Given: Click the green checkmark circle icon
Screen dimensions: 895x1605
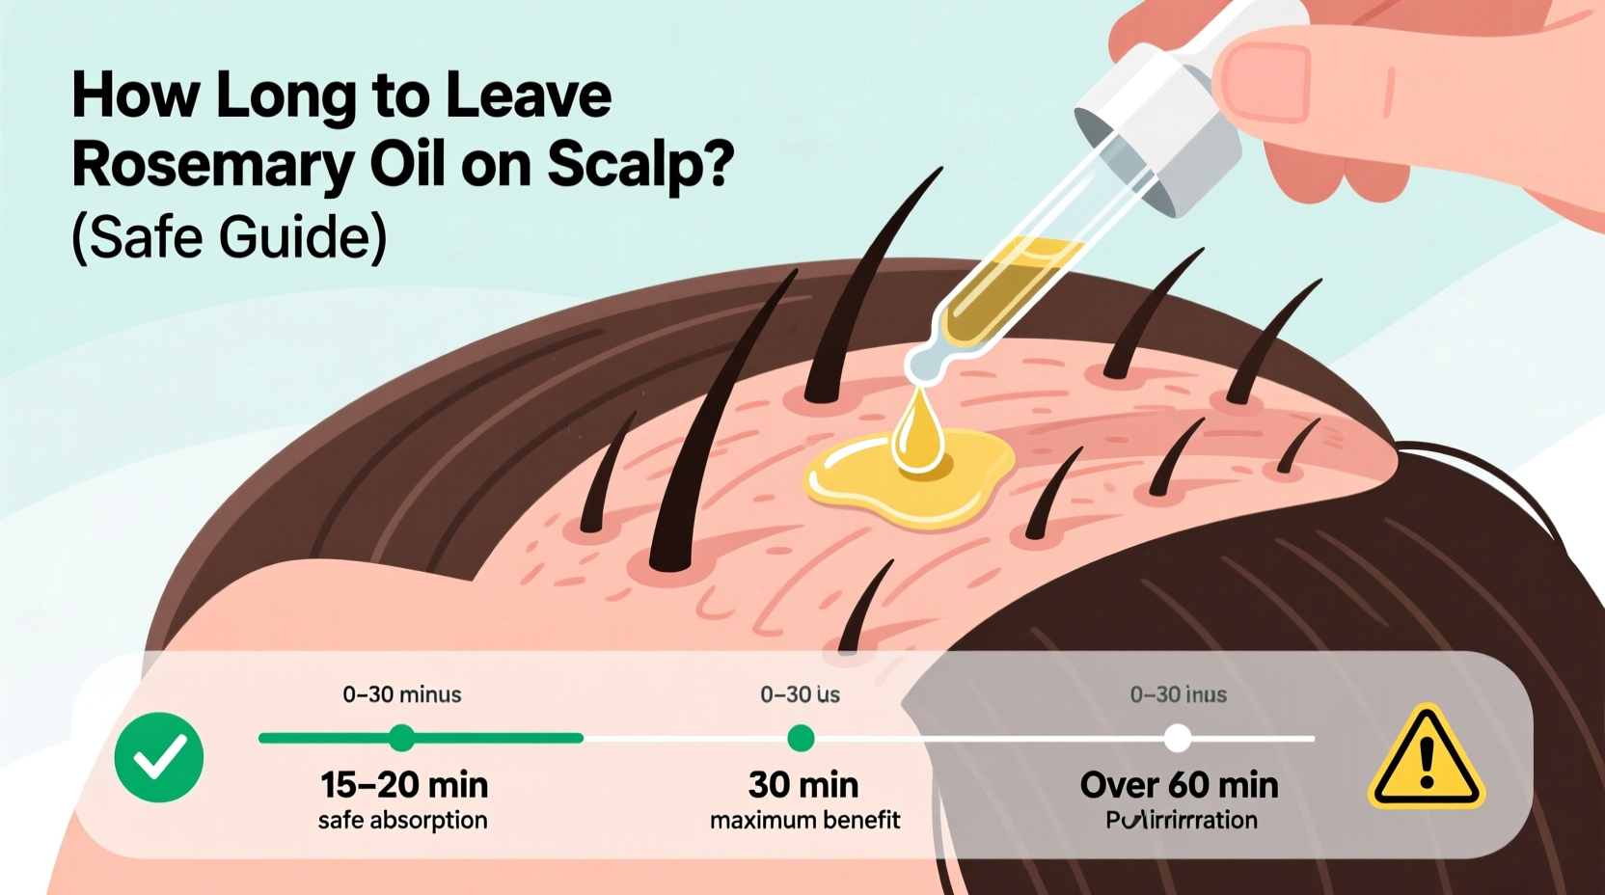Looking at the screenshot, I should tap(159, 757).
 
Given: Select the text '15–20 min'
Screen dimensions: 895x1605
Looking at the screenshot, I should tap(404, 785).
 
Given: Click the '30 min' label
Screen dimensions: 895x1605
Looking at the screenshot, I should tap(803, 785).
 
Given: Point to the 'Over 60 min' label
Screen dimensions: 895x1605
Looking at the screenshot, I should tap(1179, 785).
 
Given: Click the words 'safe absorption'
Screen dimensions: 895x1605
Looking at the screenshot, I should tap(402, 821).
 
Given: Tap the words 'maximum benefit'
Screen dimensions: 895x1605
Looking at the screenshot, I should tap(804, 821).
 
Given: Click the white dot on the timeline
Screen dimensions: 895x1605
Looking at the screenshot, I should tap(1177, 739).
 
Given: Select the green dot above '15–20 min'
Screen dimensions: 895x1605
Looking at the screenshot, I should tap(402, 739).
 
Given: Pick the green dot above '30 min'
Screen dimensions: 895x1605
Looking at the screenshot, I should tap(801, 739).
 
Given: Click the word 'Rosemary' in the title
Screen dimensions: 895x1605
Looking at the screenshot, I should tap(213, 166).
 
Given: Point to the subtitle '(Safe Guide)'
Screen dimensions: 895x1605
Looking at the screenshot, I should tap(230, 237).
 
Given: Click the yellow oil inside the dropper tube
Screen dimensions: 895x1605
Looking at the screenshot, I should tap(1003, 288).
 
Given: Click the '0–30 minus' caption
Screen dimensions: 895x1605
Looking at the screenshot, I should tap(402, 694).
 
